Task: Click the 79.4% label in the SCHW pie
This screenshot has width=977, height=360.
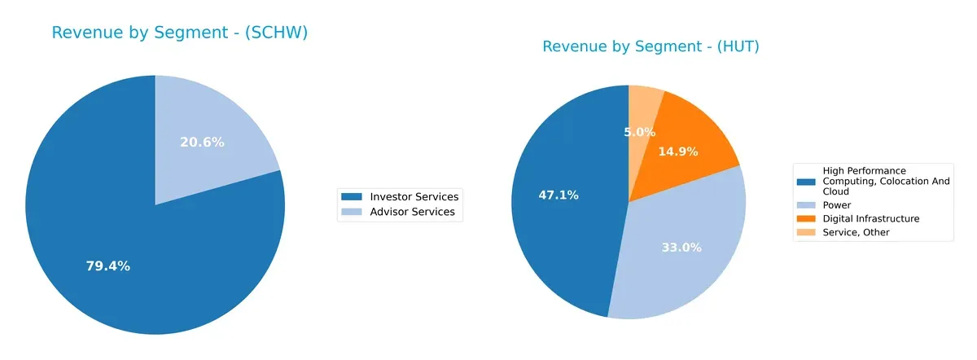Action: coord(108,266)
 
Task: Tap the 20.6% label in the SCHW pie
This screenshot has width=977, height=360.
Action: coord(202,142)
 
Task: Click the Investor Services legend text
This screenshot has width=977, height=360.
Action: coord(414,197)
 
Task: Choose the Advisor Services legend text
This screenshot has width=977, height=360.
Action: coord(412,213)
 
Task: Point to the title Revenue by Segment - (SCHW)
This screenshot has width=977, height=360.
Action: coord(180,33)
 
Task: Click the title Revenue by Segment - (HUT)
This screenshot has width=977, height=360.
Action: coord(651,46)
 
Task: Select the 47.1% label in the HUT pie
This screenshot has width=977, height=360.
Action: coord(559,195)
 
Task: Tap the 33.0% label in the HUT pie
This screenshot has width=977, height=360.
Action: coord(681,248)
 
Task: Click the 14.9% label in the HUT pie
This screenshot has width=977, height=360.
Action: coord(677,151)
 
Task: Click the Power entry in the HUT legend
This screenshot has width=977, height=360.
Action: coord(837,205)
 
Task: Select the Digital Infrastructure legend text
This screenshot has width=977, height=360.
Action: coord(870,219)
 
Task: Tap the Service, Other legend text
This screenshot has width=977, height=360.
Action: coord(856,233)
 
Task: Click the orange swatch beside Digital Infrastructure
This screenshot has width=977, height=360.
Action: coord(808,219)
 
